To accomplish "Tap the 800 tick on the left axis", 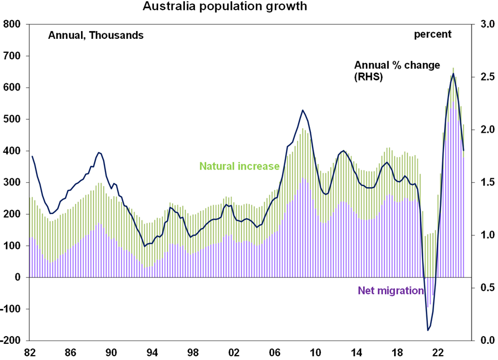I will [x=12, y=24].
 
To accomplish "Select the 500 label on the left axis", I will [x=12, y=119].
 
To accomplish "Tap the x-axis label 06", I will [x=275, y=352].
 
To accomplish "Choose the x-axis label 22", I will [x=438, y=352].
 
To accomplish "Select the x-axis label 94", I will [x=152, y=352].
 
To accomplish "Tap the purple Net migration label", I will [x=390, y=291].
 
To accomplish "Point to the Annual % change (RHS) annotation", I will [x=397, y=71].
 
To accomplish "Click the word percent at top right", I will [x=432, y=34].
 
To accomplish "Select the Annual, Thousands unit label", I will [x=96, y=35].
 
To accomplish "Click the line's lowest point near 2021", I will [x=428, y=331].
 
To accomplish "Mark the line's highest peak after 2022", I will [x=454, y=73].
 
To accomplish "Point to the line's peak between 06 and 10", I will [x=303, y=110].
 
